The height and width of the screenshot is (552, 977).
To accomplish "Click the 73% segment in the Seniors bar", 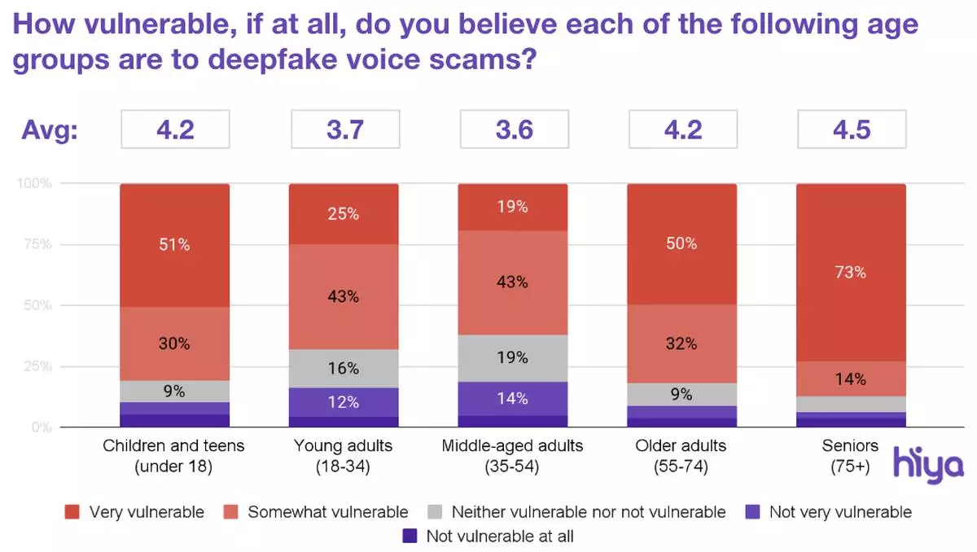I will pos(851,273).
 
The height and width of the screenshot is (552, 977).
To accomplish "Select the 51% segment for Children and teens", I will pos(174,244).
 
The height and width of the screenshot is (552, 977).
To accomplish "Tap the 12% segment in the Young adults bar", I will pos(344,401).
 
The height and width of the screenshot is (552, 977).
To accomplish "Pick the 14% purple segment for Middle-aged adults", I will pos(512,398).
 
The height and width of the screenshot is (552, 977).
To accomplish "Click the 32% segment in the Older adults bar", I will pos(681,344).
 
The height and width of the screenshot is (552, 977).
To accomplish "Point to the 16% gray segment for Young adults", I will pos(344,368).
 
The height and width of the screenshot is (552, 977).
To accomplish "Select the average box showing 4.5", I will pos(851,129).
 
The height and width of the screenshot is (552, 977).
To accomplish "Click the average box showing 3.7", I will pos(344,129).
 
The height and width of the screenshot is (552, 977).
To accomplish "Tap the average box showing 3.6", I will pos(513,129).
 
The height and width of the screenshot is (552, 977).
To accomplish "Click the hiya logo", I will pos(928,465).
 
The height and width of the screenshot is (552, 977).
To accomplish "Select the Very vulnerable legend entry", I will pos(135,512).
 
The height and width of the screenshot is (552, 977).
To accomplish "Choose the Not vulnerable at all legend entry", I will pos(488,537).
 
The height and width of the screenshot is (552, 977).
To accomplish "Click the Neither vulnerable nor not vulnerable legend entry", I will pos(576,512).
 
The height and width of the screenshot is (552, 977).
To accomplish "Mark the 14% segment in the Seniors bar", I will pos(851,379).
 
